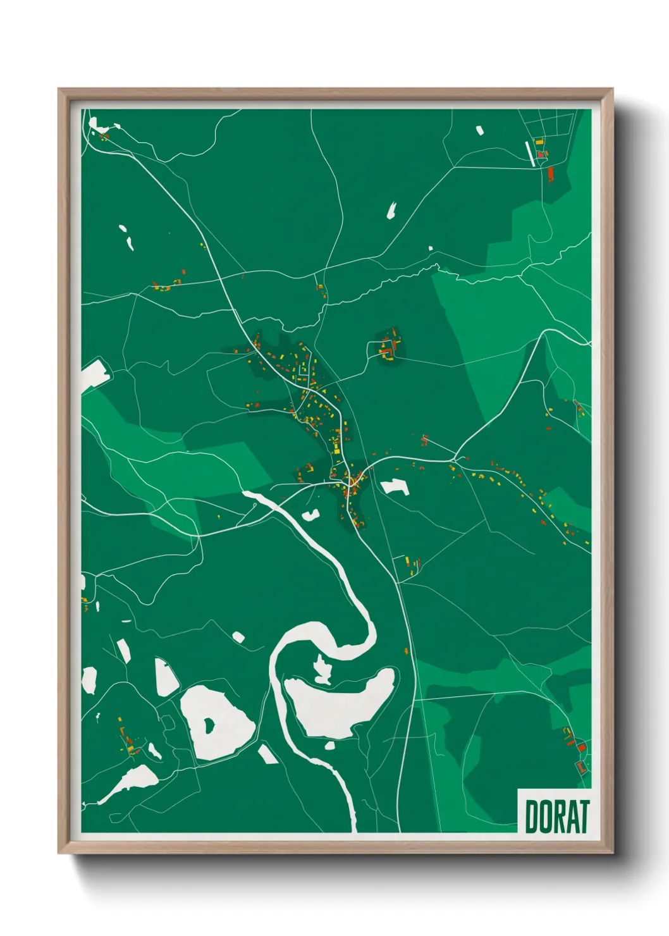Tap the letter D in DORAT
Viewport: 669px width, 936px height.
pyautogui.click(x=532, y=816)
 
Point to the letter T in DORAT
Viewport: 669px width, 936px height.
pyautogui.click(x=582, y=816)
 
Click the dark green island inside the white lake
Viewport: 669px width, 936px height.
pyautogui.click(x=208, y=725)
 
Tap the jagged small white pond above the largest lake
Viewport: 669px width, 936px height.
pyautogui.click(x=323, y=670)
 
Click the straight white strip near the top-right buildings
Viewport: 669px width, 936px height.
pyautogui.click(x=530, y=154)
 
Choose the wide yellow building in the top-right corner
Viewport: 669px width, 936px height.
pyautogui.click(x=539, y=142)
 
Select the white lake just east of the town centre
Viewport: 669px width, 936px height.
pyautogui.click(x=394, y=486)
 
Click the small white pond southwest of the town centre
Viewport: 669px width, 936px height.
pyautogui.click(x=310, y=515)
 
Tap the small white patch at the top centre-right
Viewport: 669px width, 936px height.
pyautogui.click(x=479, y=131)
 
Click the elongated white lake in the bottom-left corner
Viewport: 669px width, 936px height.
pyautogui.click(x=132, y=781)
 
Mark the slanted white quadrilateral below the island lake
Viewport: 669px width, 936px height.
pyautogui.click(x=267, y=753)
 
